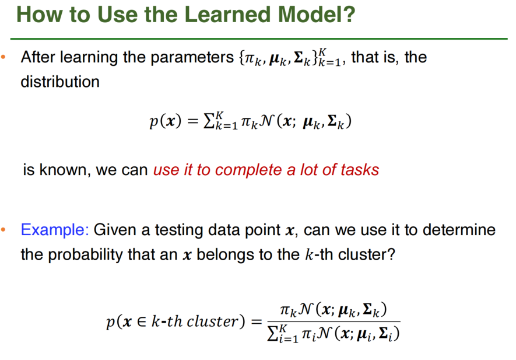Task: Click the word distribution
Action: pyautogui.click(x=60, y=81)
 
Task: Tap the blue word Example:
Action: pyautogui.click(x=55, y=230)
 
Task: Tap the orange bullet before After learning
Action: pyautogui.click(x=3, y=58)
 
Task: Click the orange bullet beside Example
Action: pyautogui.click(x=3, y=230)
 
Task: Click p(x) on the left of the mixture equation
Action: pyautogui.click(x=166, y=121)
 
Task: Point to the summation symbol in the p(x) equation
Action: pyautogui.click(x=209, y=121)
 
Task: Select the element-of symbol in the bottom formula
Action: pyautogui.click(x=141, y=321)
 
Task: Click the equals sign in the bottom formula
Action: pyautogui.click(x=257, y=321)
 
